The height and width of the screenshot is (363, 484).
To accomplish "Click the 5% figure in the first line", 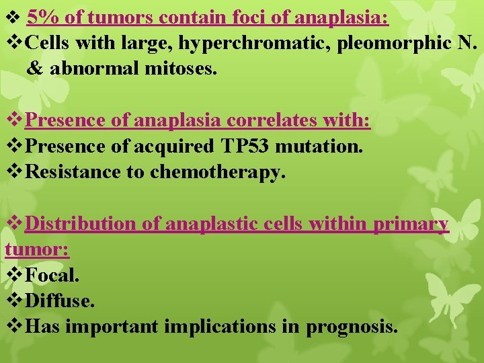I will point(42,17).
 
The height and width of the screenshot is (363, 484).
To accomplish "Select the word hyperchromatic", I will point(243,42).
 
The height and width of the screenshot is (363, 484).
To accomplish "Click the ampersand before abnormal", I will point(35,68).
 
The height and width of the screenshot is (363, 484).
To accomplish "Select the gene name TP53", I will point(247,146).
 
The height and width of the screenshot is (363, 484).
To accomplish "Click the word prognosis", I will point(352,327).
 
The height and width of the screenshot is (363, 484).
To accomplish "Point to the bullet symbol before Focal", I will point(14,275).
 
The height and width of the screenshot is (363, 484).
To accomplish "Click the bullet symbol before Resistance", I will point(14,172).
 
